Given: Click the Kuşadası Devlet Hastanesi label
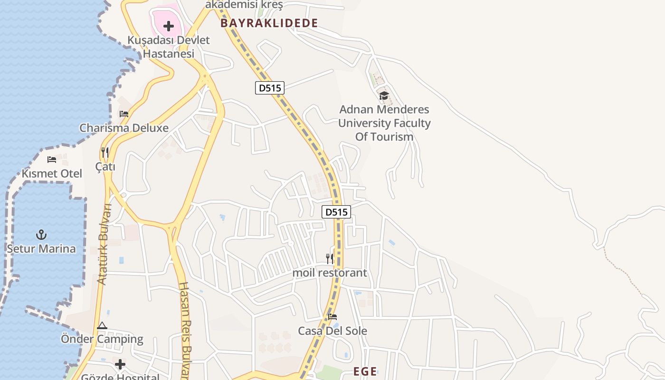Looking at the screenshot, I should (169, 47).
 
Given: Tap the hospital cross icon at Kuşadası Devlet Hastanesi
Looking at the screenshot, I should (169, 26).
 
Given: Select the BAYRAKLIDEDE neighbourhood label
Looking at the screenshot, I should (269, 23).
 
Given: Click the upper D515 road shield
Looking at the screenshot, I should (269, 88).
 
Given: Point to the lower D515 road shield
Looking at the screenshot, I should (336, 212).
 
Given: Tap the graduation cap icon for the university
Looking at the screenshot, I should (384, 96).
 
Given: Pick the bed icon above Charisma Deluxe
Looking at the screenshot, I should (124, 114).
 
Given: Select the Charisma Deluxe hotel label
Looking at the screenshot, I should (124, 128).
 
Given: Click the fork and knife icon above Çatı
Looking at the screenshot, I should (105, 152).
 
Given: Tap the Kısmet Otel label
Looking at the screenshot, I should (52, 173).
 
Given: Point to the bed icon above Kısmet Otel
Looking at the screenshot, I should (52, 160).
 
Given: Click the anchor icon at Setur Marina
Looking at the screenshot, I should (41, 235).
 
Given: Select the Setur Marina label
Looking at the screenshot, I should (41, 248).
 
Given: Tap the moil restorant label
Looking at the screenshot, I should (330, 273).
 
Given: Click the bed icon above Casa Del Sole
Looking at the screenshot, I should (332, 317).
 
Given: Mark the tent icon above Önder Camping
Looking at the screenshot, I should (102, 326).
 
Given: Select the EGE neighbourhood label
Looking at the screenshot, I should (365, 371).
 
